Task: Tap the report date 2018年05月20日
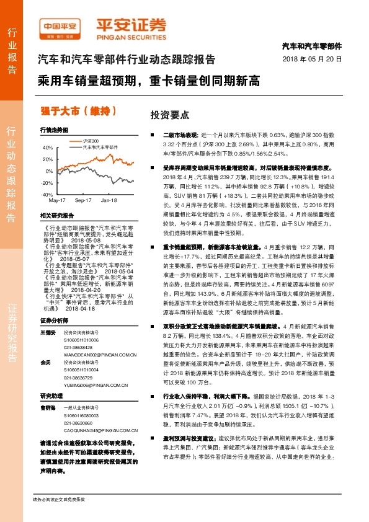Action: (x=317, y=58)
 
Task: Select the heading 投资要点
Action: (x=165, y=116)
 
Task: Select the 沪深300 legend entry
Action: (x=92, y=142)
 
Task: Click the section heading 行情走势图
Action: (x=53, y=130)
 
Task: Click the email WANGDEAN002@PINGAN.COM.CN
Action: (x=99, y=337)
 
